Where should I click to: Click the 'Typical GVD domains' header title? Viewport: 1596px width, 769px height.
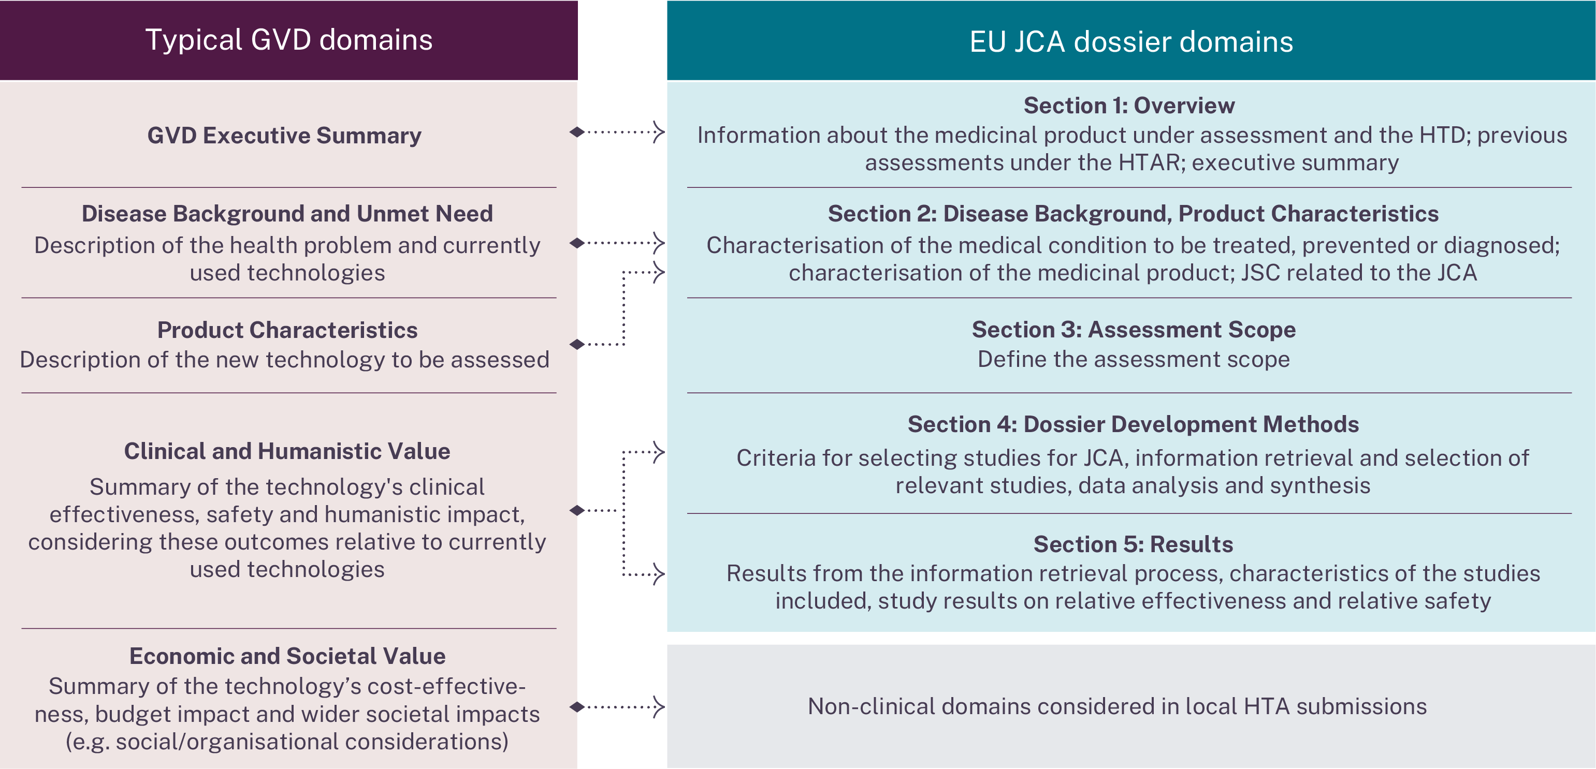(289, 40)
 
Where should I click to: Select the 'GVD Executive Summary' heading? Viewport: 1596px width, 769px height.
(284, 136)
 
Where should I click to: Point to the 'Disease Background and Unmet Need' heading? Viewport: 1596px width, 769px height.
(287, 214)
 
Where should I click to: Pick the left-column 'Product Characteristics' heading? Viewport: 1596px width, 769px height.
(287, 330)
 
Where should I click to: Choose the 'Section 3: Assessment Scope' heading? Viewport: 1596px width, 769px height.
(1133, 330)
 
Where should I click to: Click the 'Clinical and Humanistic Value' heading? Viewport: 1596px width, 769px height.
(287, 451)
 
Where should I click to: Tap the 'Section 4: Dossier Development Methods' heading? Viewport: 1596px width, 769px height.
(1133, 424)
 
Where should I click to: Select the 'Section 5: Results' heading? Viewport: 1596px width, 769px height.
(1133, 544)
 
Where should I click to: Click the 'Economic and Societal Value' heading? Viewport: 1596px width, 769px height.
(287, 656)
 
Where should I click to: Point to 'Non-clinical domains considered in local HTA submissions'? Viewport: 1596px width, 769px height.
(1117, 706)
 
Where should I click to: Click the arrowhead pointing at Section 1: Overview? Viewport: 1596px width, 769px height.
(659, 132)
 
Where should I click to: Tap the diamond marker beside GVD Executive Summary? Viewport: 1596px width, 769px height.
(577, 132)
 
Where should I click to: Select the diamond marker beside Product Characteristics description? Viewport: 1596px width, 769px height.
(577, 344)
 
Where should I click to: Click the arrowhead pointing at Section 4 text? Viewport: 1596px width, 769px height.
(659, 452)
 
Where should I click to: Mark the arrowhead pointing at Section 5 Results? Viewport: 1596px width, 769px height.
(659, 574)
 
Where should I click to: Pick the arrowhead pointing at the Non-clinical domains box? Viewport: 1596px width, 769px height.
(659, 706)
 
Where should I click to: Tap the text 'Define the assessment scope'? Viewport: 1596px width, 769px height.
(1133, 359)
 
